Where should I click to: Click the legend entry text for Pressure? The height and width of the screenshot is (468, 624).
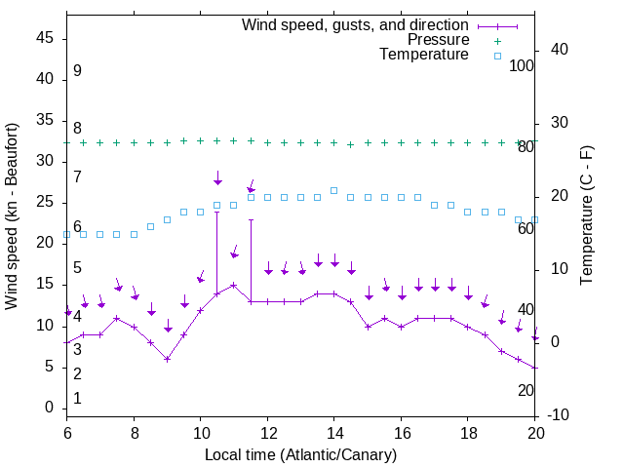439,40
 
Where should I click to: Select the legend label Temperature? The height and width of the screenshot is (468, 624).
424,55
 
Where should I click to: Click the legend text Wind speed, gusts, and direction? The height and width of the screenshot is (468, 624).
356,24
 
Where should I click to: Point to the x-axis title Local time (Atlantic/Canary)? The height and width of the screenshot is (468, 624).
300,455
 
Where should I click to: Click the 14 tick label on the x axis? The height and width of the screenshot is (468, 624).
333,432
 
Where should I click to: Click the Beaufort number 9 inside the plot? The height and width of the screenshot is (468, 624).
77,71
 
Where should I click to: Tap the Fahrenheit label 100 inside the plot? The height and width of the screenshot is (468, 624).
522,65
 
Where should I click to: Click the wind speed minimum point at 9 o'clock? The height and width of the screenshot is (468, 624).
168,359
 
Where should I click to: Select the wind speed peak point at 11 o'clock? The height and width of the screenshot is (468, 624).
234,286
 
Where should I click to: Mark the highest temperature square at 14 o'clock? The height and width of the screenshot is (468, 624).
333,191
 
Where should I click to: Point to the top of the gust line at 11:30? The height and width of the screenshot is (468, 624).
251,220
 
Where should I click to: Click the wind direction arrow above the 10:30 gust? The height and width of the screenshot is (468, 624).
218,178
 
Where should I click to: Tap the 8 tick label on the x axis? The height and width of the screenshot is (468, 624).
134,432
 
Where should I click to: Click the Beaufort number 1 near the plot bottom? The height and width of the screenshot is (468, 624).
77,398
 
